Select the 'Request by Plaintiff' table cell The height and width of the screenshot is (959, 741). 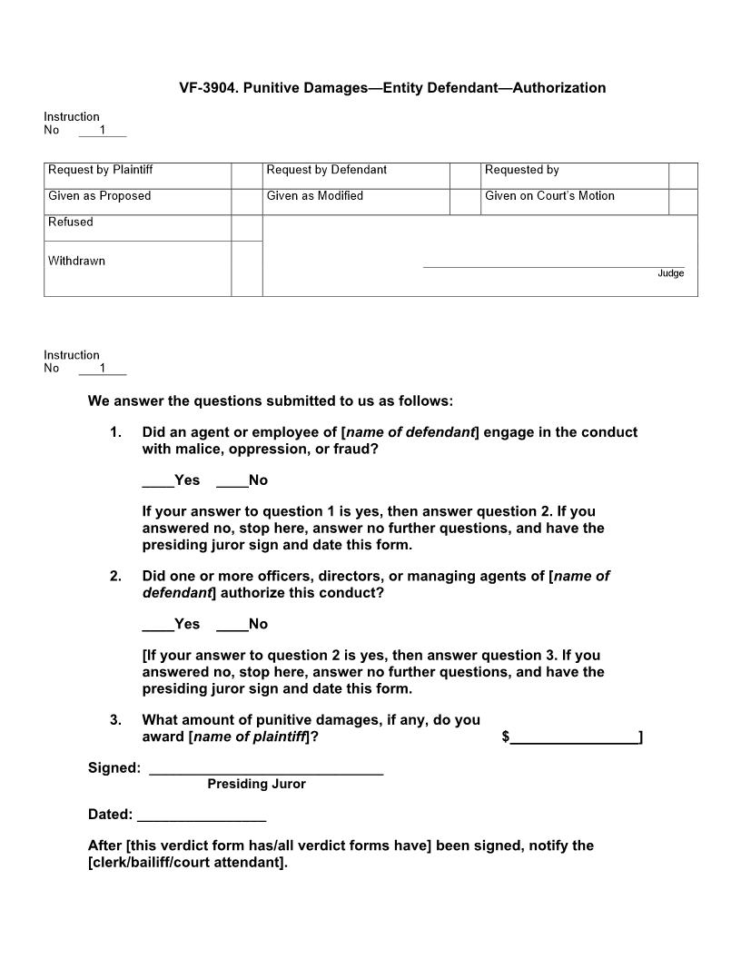(136, 171)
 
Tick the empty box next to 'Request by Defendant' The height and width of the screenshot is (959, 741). (465, 175)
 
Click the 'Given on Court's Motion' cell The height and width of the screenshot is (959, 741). (574, 196)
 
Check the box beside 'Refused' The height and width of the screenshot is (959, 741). (246, 228)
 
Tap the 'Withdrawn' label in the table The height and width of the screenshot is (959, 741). (76, 261)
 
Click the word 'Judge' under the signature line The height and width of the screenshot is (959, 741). (670, 273)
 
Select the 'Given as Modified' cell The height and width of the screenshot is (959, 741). (356, 196)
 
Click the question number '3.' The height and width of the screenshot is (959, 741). (115, 720)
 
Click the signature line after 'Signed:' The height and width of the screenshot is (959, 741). (265, 770)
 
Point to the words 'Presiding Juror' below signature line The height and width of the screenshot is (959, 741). (256, 785)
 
